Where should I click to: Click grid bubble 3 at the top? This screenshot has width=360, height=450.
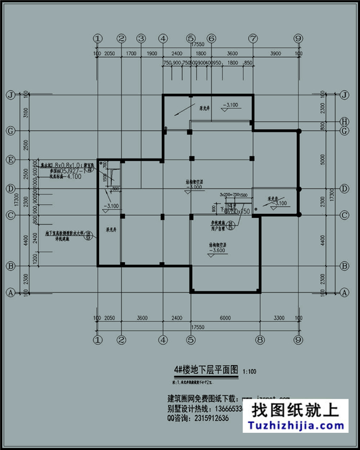[141, 38]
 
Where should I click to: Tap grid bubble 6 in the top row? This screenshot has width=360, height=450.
[211, 38]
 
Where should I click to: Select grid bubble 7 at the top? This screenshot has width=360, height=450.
[253, 38]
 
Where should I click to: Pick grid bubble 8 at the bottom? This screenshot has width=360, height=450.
[259, 339]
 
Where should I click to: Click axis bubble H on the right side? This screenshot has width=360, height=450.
[344, 121]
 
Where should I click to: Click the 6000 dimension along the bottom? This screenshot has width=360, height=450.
[224, 318]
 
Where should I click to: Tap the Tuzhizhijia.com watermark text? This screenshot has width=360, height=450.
[299, 426]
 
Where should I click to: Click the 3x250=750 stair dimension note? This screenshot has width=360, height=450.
[229, 195]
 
